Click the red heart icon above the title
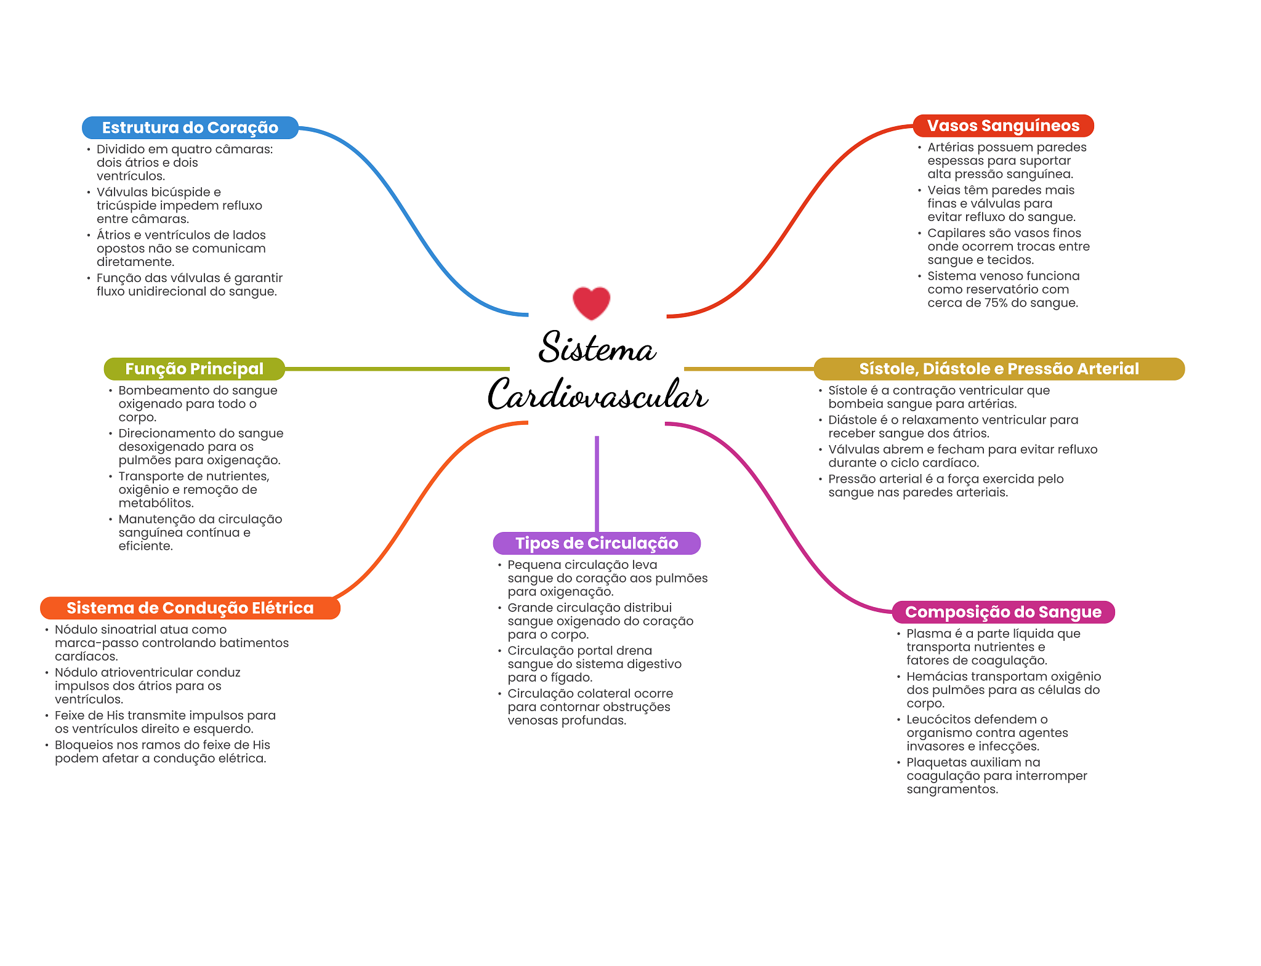tap(591, 303)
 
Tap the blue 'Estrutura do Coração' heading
tap(190, 127)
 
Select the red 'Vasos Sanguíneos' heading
tap(1003, 126)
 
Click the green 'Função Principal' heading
tap(195, 369)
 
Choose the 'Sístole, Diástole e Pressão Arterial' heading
tap(999, 369)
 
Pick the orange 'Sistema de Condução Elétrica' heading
tap(190, 608)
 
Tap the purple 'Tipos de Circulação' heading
tap(597, 543)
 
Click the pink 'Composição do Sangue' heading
tap(1003, 612)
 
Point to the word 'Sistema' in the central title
tap(597, 348)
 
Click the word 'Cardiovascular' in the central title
tap(597, 395)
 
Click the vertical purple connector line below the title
tap(597, 484)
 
